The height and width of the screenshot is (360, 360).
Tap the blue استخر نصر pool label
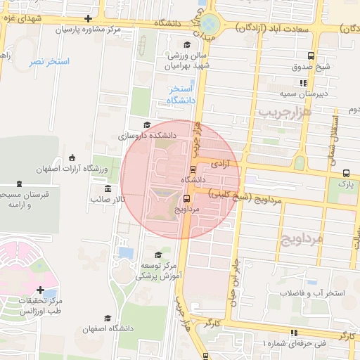pyautogui.click(x=49, y=62)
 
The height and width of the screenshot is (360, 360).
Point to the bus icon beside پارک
pyautogui.click(x=345, y=173)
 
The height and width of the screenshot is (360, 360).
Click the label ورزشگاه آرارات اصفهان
pyautogui.click(x=70, y=169)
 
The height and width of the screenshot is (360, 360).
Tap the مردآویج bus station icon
pyautogui.click(x=186, y=198)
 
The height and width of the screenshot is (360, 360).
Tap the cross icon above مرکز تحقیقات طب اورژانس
pyautogui.click(x=40, y=290)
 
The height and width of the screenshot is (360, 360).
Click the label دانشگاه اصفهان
pyautogui.click(x=108, y=328)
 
